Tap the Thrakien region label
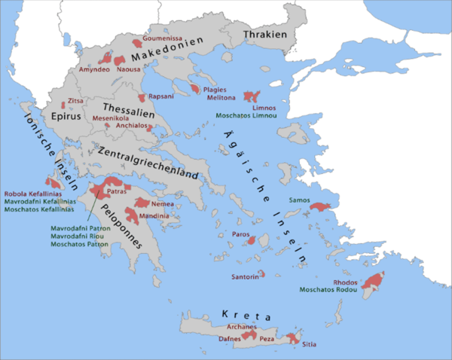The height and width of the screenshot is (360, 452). click(264, 34)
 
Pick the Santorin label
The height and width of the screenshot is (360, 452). click(244, 277)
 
